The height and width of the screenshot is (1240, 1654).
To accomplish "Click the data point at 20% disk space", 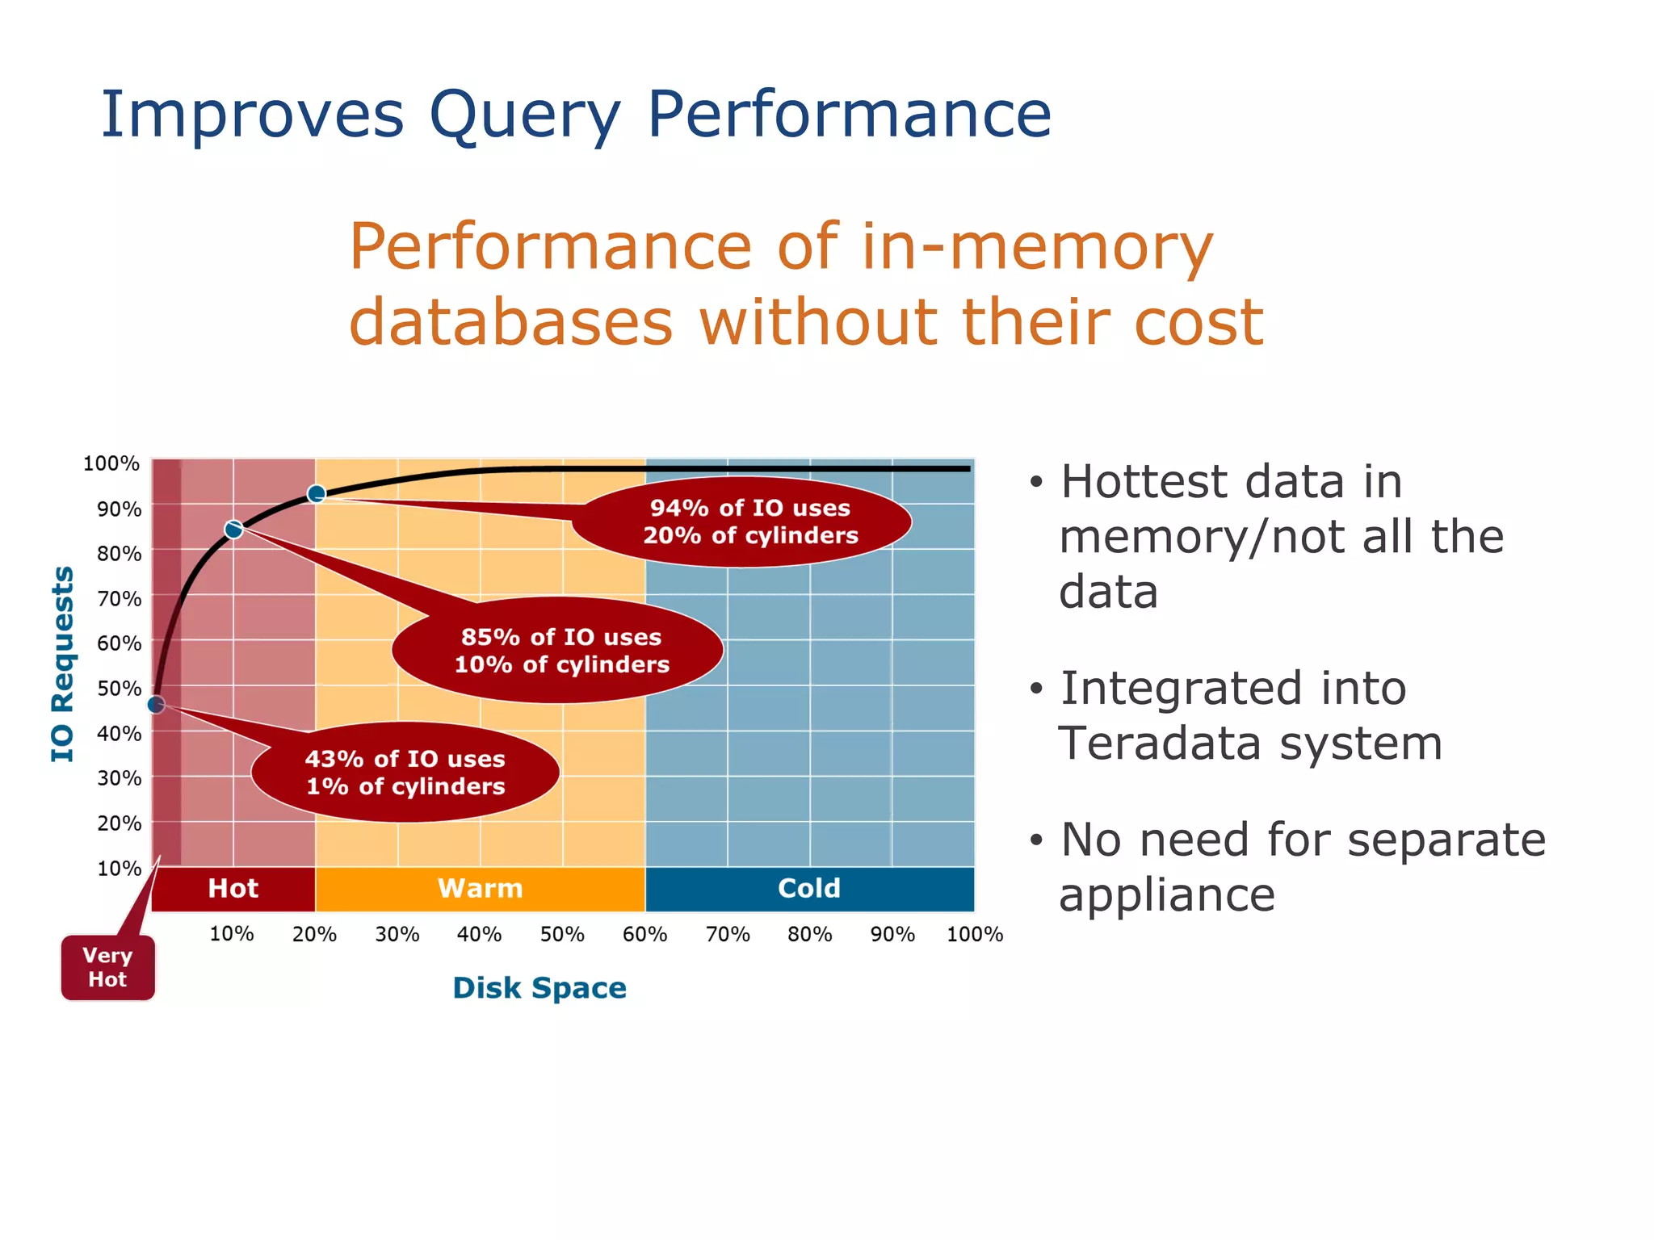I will (x=317, y=493).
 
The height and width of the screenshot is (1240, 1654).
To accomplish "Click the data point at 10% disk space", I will (x=233, y=530).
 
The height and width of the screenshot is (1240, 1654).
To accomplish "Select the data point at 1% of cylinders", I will (x=157, y=705).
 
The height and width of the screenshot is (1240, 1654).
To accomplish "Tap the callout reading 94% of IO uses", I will (x=749, y=522).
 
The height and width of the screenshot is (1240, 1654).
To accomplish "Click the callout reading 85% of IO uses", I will (x=561, y=651).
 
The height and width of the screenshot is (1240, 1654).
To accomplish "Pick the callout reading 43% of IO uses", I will (x=405, y=773).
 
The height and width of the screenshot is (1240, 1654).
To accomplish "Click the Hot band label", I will (x=233, y=889).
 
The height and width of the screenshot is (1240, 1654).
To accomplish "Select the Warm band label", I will (x=480, y=889).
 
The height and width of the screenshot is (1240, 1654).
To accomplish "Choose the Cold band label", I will (x=809, y=889).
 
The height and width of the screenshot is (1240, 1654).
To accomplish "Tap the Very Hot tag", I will (x=107, y=967).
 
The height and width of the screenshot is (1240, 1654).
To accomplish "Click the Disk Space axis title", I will (x=539, y=988).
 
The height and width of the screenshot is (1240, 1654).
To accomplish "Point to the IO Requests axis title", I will (x=63, y=664).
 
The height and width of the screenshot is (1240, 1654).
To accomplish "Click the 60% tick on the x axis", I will (x=644, y=935).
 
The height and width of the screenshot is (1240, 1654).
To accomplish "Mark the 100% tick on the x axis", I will (x=974, y=935).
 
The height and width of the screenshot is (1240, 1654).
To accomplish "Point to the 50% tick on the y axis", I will (x=119, y=689).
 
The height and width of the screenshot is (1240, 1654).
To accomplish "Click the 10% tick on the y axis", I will (x=119, y=869).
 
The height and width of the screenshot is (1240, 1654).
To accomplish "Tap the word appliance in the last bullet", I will (x=1166, y=895).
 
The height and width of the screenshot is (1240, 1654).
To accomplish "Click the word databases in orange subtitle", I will (x=510, y=322).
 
